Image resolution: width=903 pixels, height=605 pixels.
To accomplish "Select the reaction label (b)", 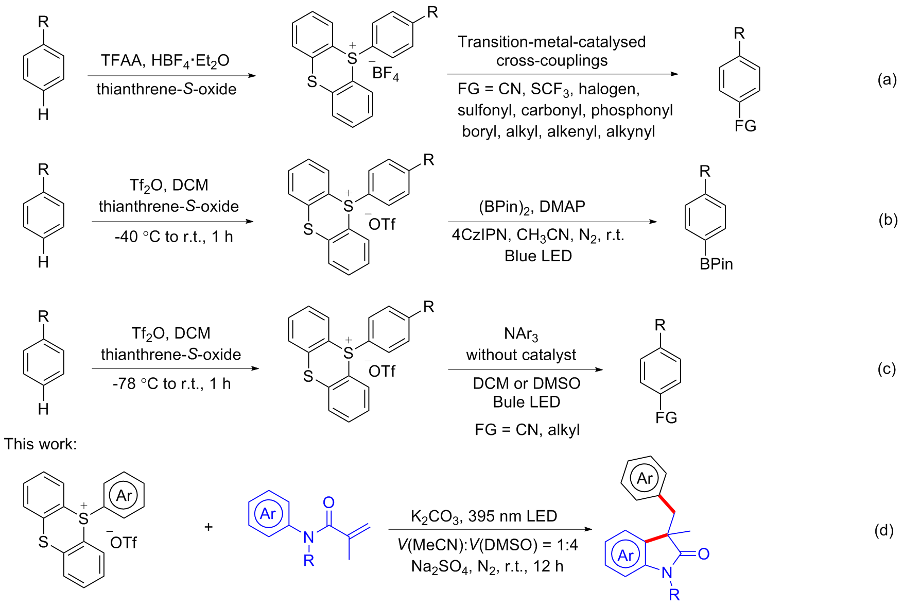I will [x=888, y=220].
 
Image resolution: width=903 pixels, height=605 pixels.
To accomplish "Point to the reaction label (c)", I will [x=887, y=369].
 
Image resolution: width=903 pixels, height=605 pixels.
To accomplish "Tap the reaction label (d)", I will [x=884, y=530].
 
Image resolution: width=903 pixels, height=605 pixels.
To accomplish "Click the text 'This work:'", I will [x=41, y=444].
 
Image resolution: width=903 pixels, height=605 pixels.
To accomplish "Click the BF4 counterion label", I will [x=385, y=74].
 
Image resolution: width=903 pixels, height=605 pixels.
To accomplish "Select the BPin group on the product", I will [x=716, y=264].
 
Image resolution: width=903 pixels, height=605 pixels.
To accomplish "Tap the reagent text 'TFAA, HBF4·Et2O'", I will [x=165, y=61].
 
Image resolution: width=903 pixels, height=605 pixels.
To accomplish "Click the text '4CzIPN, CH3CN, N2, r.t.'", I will [x=537, y=235].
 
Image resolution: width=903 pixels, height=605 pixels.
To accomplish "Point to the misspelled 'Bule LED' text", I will [x=526, y=402].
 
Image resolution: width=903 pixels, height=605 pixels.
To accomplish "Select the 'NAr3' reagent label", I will [x=521, y=334].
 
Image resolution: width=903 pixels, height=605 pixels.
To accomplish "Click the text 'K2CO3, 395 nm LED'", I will [x=483, y=516].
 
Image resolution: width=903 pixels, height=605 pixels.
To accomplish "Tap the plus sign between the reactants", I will [x=209, y=527].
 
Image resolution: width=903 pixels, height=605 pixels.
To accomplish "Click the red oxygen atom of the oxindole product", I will [x=704, y=554].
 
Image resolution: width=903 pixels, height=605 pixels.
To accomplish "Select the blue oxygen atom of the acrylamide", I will [x=328, y=502].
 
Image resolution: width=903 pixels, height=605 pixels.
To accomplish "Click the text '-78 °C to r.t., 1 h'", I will [x=171, y=383].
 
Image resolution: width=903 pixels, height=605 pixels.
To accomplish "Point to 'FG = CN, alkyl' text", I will [x=527, y=429].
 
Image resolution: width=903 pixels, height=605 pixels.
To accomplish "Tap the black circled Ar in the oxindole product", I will [x=645, y=478].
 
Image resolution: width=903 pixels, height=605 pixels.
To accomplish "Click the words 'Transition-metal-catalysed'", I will [x=551, y=42].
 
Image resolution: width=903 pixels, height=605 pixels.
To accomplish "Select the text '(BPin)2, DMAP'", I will [x=531, y=207].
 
